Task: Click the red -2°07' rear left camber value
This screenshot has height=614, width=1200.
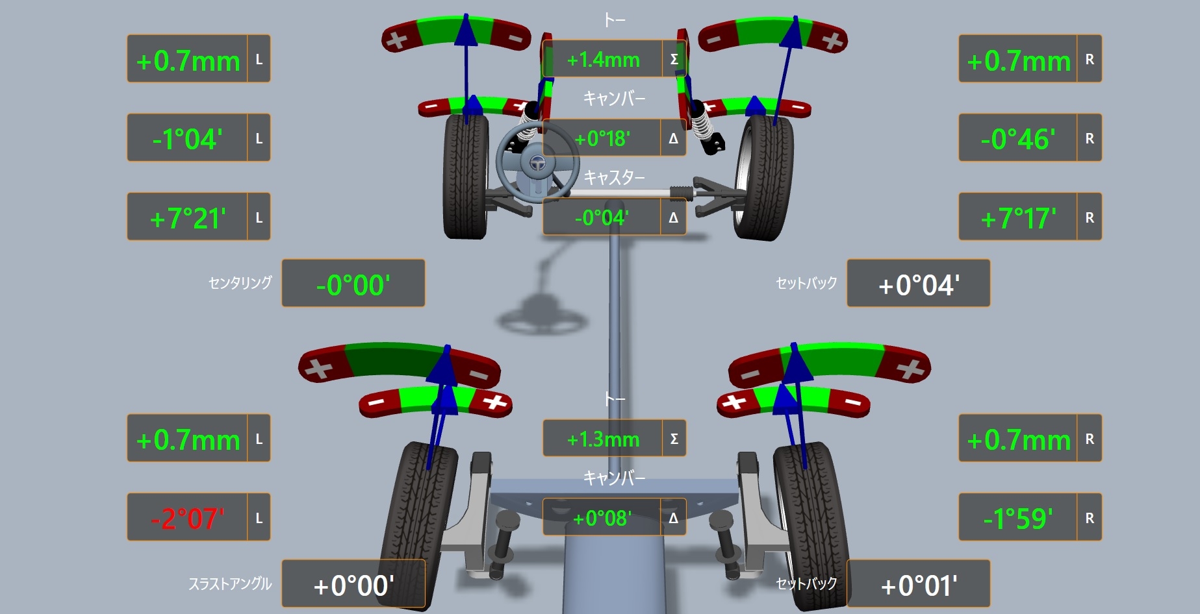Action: (x=187, y=518)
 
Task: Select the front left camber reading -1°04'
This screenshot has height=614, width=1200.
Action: (x=187, y=139)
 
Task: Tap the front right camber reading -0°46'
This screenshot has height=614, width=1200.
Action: (x=1017, y=139)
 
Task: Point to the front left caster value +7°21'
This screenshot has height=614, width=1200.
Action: (x=187, y=218)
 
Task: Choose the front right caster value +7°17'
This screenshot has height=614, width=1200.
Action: (x=1017, y=218)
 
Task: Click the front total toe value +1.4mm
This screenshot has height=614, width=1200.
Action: (x=603, y=60)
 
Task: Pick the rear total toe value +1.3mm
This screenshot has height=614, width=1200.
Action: (x=603, y=439)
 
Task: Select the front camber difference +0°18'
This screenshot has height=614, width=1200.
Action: (x=602, y=138)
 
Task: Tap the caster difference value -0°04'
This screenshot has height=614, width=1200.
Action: (x=602, y=217)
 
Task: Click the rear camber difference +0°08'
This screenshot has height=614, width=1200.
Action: (x=602, y=518)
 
